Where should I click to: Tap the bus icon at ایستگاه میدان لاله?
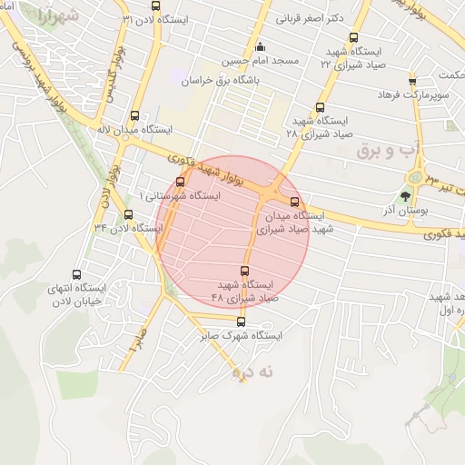coord(134,115)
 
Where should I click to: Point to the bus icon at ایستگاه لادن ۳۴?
coord(128,214)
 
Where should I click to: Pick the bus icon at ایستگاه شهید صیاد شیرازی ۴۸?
coord(243,270)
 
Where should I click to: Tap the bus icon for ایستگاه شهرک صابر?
coord(241,321)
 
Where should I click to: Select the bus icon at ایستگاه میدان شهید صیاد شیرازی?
coord(294,202)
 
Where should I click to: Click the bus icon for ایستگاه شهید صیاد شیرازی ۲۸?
coord(321,105)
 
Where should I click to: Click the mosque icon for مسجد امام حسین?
coord(261,47)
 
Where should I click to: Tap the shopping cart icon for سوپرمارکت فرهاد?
coord(412,81)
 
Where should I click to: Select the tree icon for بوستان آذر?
coord(405,193)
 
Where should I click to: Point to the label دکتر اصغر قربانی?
coord(315,18)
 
